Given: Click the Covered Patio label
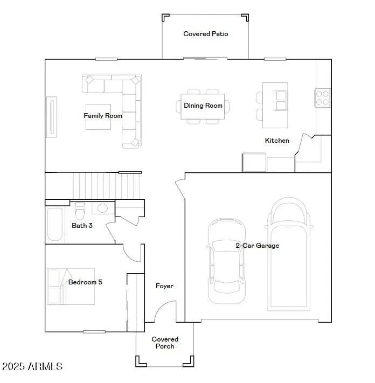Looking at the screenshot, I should point(206,34).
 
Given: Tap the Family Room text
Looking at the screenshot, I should point(103,116).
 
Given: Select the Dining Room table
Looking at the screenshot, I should point(203,106).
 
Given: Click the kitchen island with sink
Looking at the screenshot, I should point(275,105).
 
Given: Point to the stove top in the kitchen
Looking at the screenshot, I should point(322,98).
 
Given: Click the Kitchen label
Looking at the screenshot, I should point(277,141).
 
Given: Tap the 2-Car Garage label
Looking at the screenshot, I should point(257,246).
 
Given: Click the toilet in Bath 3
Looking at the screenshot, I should point(80,209).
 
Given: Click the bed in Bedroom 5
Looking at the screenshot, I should point(71,285).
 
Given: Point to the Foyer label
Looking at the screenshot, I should point(164,286).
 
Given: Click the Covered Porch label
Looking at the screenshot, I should point(165,343).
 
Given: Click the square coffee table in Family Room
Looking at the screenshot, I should point(98,117).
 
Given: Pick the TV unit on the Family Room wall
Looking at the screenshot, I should point(52,116).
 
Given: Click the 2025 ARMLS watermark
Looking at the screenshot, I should point(32,366).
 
